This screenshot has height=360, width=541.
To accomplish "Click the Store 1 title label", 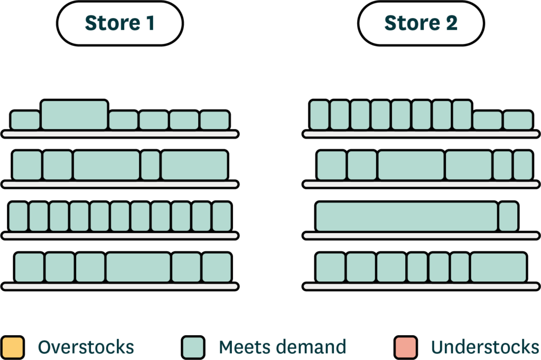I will click(119, 23).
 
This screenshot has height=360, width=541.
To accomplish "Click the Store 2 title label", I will click(421, 23).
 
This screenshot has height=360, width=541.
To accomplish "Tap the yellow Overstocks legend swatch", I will click(13, 347).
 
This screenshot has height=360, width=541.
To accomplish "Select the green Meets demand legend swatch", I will click(193, 347).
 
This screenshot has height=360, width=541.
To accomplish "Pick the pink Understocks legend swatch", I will click(405, 347).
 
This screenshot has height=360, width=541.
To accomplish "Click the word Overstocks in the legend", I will click(86, 347).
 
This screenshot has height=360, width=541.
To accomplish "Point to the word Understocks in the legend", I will click(485, 347).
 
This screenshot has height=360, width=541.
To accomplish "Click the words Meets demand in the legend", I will click(282, 347).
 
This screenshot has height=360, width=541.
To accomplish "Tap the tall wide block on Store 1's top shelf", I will click(74, 115).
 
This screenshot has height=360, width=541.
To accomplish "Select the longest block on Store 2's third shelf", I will click(407, 217).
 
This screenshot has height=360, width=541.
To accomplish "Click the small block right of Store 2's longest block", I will click(508, 217).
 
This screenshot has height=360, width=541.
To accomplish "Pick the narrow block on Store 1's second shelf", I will click(151, 165).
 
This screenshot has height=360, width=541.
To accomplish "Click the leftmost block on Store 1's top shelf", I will click(25, 121).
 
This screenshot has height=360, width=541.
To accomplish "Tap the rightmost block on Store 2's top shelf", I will click(518, 121).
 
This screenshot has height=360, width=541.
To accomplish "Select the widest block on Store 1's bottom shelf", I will click(138, 267).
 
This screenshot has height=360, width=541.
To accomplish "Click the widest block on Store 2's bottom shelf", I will click(498, 267).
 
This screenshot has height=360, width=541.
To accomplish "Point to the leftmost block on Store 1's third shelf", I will click(18, 217).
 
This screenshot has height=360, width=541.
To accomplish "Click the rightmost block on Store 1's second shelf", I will click(194, 165).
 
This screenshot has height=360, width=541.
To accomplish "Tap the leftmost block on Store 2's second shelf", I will click(331, 165).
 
